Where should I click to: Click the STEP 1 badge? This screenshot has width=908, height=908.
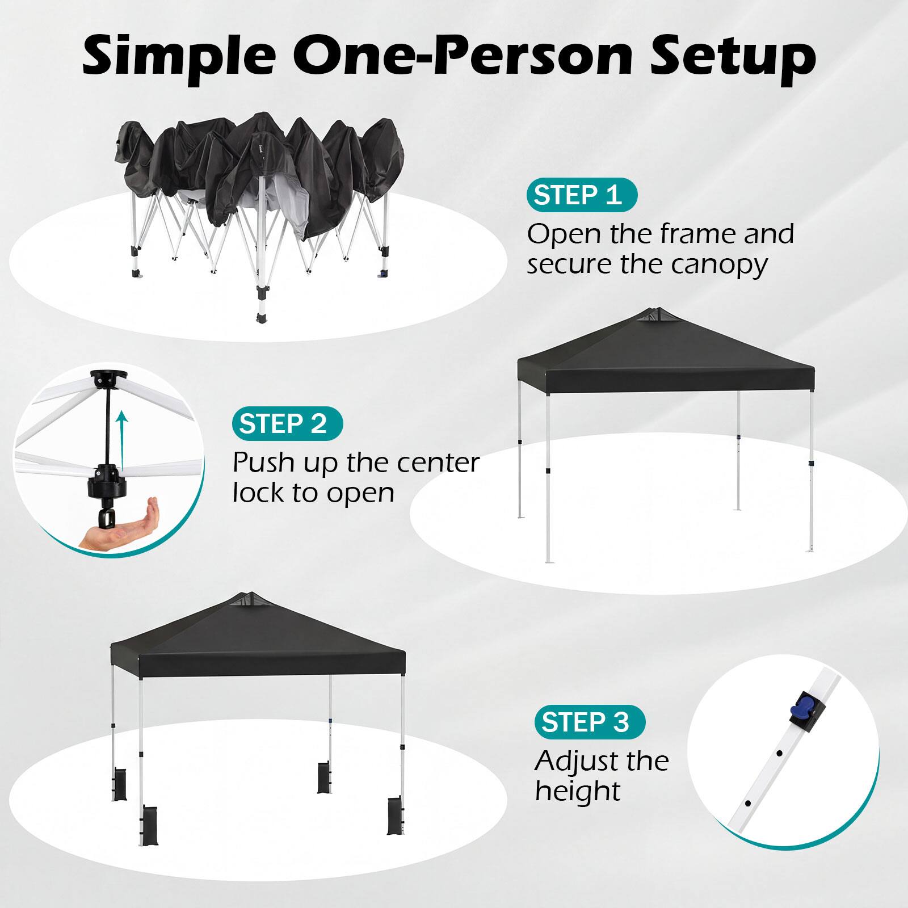[x=582, y=195]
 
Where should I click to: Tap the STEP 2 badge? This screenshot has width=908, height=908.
[x=287, y=423]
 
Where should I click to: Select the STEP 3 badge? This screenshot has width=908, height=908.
[x=589, y=722]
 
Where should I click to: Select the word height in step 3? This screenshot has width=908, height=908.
[x=578, y=791]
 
